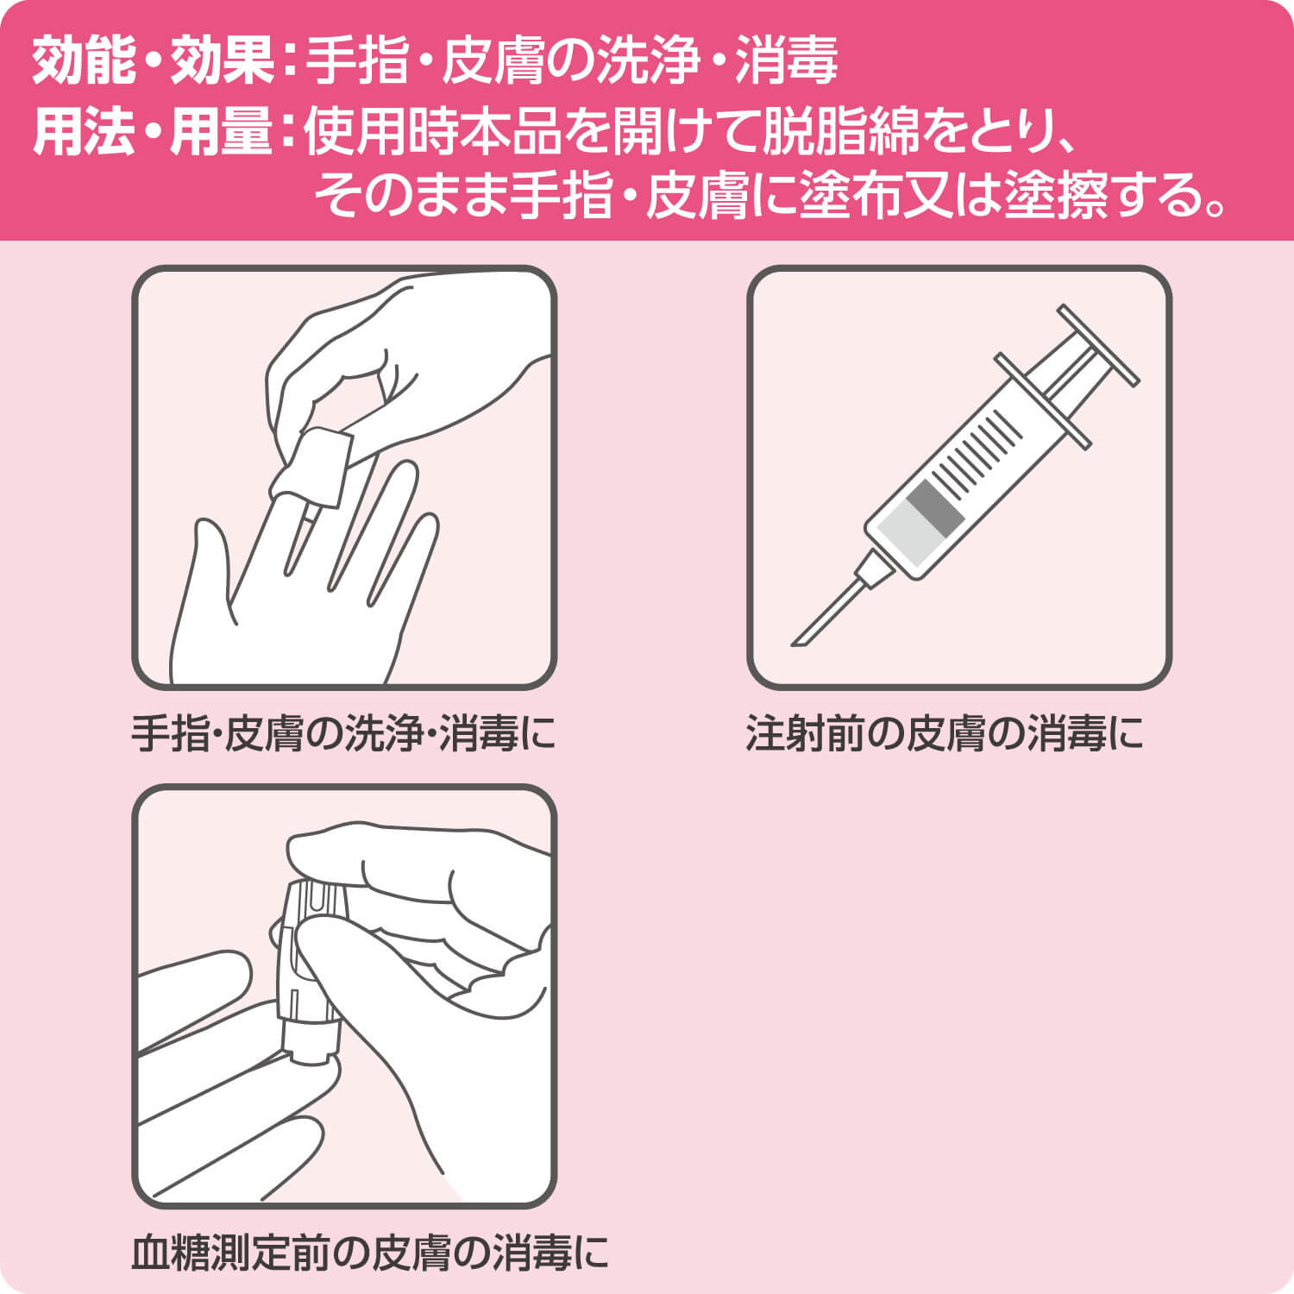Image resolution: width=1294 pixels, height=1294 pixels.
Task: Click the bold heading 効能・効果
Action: click(x=153, y=61)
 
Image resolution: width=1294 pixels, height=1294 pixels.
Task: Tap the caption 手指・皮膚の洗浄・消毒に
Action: click(x=343, y=735)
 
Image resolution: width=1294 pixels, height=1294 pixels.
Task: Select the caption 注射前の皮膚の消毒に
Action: click(x=945, y=735)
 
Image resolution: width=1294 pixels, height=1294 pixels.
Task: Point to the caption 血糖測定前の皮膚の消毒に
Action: click(x=370, y=1253)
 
